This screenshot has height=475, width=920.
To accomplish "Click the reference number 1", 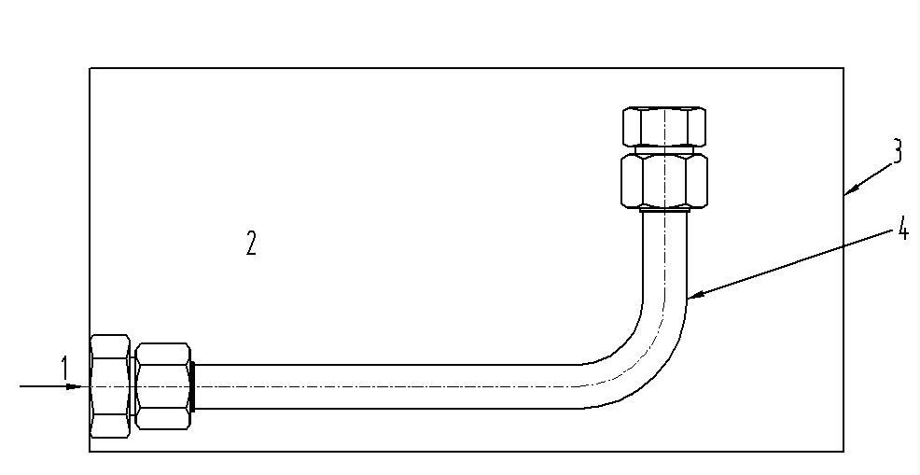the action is tap(65, 370).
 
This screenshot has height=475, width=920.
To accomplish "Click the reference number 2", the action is tap(251, 243).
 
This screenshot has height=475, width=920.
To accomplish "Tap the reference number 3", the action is tap(897, 151).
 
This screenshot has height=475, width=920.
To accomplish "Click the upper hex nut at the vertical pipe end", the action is tap(664, 126).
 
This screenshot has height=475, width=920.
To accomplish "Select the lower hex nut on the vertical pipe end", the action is tap(664, 180).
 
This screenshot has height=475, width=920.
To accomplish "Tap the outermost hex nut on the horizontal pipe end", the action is tap(110, 386).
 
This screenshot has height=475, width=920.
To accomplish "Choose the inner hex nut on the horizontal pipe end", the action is tap(162, 386).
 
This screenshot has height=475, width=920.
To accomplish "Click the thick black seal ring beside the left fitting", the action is tap(192, 386).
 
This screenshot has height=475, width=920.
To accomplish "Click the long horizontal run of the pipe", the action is tap(387, 386).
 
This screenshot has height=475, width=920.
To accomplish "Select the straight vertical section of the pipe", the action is tap(664, 256).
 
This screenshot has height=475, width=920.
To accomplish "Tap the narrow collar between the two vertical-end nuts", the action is tap(664, 149).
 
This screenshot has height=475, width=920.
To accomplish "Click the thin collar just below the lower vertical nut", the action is tap(664, 208).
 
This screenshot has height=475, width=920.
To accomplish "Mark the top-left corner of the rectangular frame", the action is tap(90, 68).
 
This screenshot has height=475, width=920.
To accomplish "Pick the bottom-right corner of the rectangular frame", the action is tap(843, 452).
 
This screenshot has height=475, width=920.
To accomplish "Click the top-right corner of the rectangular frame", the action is tap(843, 68).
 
